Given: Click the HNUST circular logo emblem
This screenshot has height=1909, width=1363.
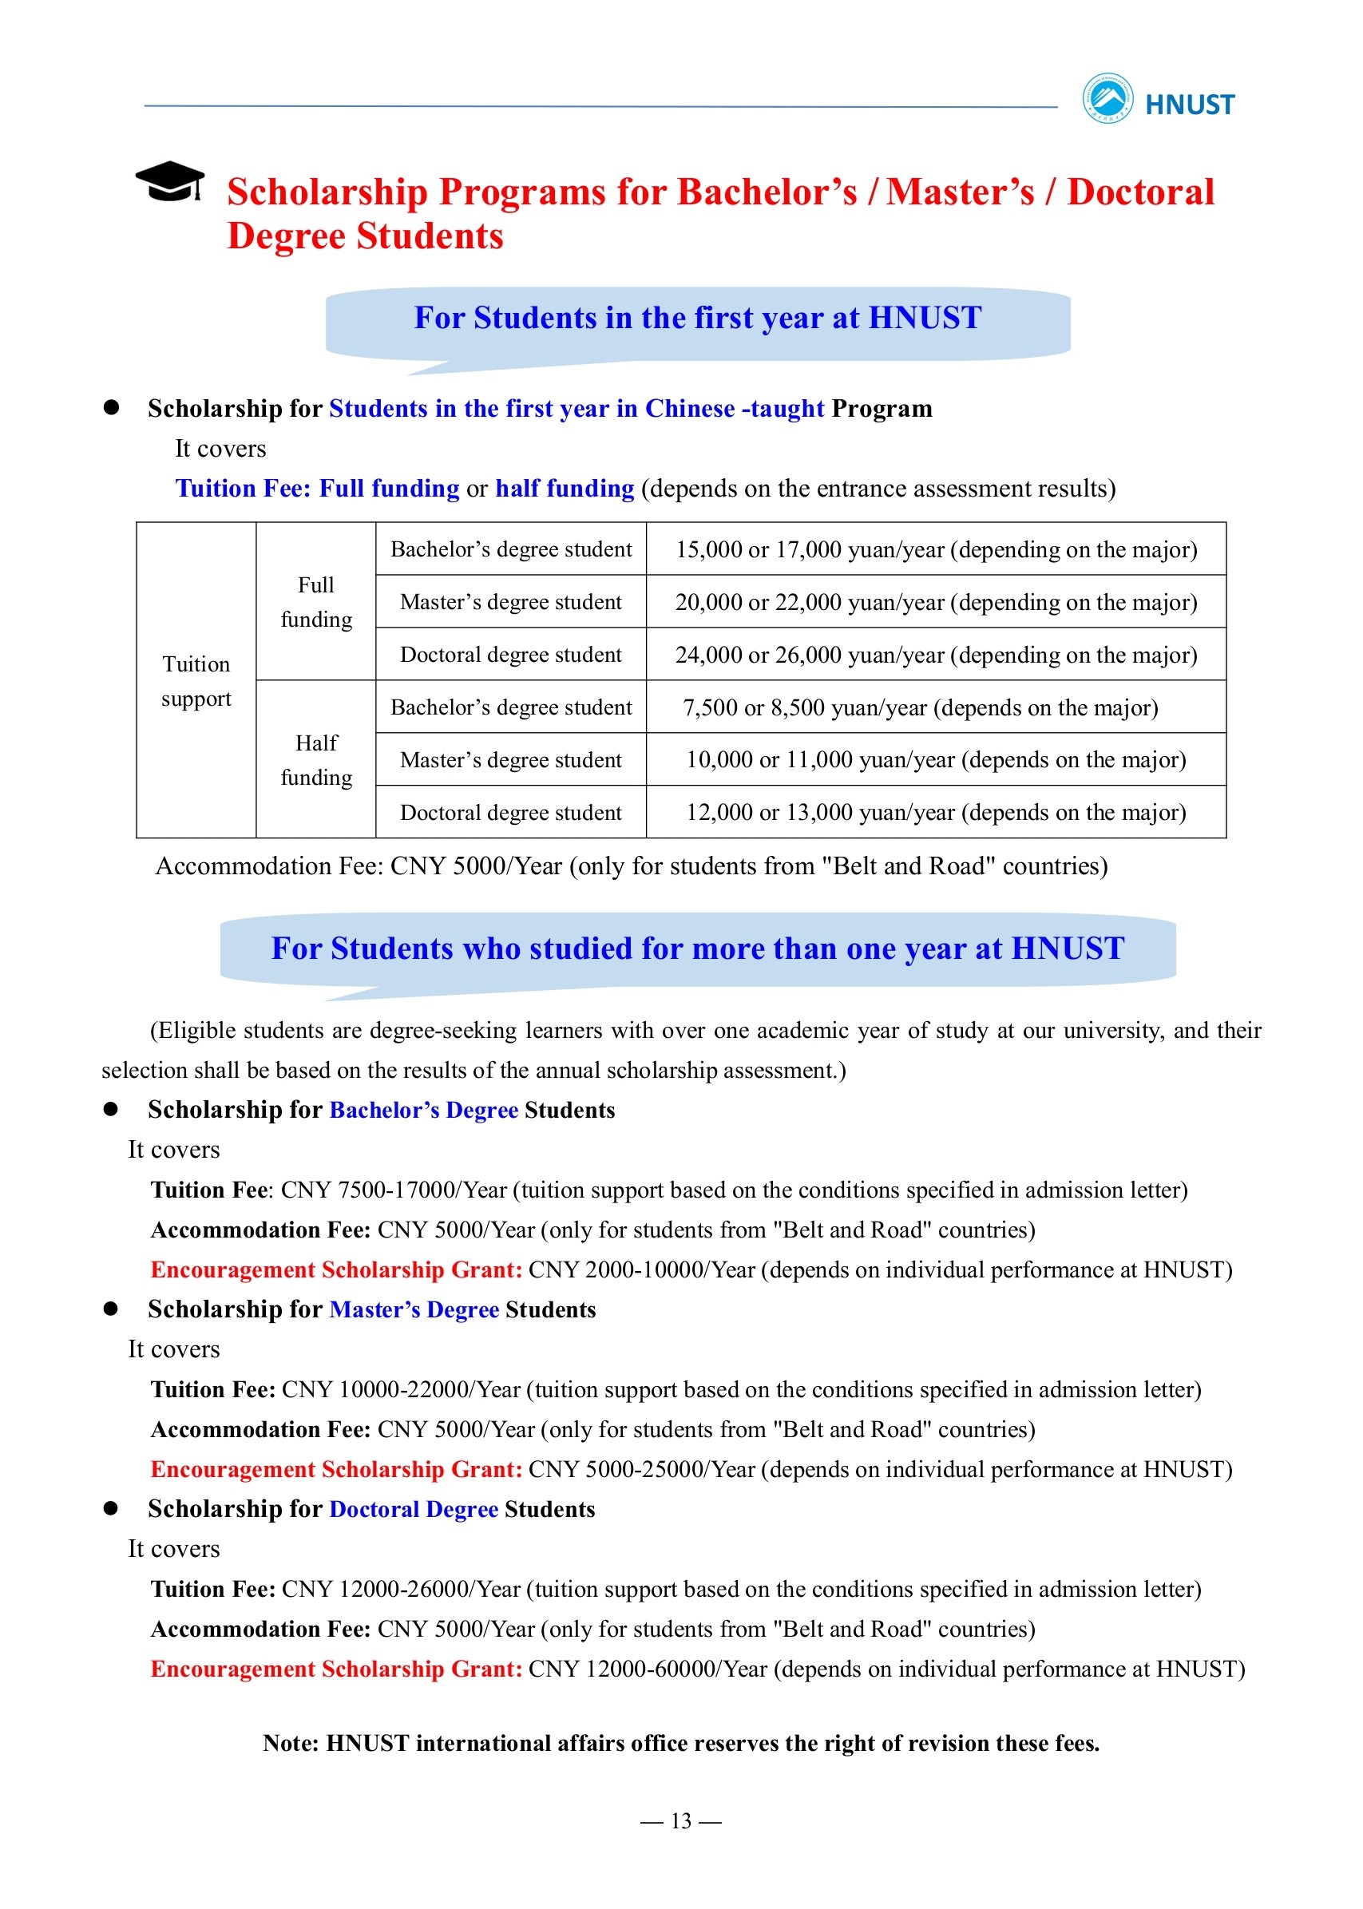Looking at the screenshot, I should tap(1107, 99).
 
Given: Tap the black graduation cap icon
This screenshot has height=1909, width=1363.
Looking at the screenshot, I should tap(169, 180).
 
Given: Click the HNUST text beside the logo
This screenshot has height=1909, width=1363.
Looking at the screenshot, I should tap(1189, 105).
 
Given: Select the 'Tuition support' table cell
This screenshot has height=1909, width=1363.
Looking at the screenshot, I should tap(196, 680).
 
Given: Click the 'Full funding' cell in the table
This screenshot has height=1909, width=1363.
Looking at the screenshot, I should tap(315, 602).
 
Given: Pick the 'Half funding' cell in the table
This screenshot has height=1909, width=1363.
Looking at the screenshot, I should tap(315, 759).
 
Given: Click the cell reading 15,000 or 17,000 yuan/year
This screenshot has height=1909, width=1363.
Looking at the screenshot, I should tap(936, 549).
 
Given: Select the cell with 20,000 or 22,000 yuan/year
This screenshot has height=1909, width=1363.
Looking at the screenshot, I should tap(936, 602).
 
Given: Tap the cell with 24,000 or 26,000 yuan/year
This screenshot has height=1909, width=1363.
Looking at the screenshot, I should tap(936, 655).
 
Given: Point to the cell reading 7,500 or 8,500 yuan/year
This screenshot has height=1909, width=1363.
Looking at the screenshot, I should tap(920, 707).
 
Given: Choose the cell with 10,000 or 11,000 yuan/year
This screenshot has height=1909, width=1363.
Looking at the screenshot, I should tap(936, 759).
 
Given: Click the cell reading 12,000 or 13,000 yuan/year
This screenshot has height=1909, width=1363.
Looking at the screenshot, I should tap(936, 812).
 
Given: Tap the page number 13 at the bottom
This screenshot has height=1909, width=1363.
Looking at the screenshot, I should tap(680, 1820).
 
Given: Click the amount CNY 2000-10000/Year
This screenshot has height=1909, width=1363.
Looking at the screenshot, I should tap(642, 1269).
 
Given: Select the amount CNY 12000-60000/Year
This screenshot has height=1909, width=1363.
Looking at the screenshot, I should tap(648, 1668).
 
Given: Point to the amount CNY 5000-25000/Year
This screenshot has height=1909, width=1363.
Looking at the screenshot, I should tap(642, 1469).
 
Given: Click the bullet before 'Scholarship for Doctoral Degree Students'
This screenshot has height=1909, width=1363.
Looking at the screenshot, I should tap(111, 1508).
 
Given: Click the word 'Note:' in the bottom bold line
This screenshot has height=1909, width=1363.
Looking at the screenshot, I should tap(291, 1743).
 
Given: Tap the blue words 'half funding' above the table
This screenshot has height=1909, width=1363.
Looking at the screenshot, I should tap(564, 489).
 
